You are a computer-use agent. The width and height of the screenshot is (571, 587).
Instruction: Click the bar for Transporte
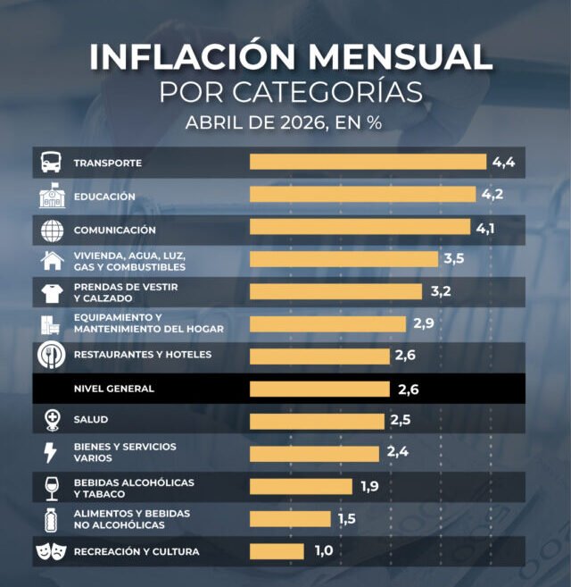point(368,162)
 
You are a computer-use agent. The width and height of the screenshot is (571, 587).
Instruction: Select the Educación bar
point(363,194)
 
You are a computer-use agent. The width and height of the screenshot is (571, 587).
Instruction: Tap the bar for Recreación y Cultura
point(277,551)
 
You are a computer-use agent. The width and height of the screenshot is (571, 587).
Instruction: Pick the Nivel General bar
point(319,389)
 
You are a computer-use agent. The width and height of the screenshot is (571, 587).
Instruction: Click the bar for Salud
point(317,422)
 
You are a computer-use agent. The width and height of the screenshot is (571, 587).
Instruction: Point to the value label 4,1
point(485,229)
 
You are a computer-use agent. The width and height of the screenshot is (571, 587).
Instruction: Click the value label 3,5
point(454,258)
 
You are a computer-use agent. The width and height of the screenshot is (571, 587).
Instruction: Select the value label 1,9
point(369,486)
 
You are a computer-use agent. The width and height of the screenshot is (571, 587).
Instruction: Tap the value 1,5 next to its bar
point(347,519)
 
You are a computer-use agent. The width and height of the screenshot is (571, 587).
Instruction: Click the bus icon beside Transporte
point(51,162)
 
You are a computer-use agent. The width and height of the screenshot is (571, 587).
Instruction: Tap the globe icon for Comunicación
point(52,231)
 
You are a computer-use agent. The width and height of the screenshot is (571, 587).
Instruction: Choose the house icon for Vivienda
point(52,260)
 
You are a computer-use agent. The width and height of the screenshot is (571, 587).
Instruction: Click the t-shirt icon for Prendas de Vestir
point(52,293)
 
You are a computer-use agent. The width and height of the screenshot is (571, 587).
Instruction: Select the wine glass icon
point(51,489)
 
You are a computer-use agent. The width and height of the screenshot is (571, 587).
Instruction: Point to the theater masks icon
point(51,552)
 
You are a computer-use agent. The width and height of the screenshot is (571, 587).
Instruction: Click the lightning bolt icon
point(51,453)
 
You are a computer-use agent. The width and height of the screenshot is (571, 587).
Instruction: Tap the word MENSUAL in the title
point(400,57)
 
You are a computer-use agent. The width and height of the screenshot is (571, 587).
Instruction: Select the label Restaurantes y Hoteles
point(143,355)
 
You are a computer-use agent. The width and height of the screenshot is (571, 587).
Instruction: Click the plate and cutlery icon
point(52,355)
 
